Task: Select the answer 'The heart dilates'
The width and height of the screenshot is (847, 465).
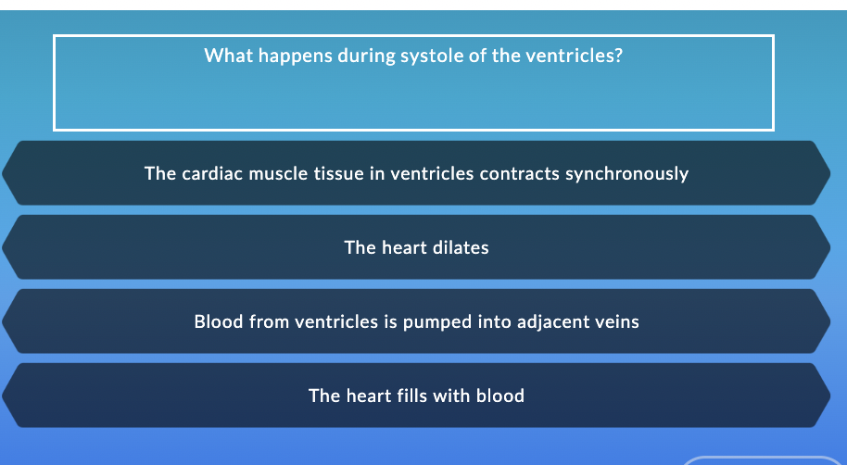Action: [x=416, y=247]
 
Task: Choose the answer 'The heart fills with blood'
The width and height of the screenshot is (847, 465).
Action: [x=416, y=396]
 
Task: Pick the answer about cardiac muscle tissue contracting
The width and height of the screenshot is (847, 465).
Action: [x=416, y=173]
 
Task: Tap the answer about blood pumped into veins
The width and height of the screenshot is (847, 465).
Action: [x=416, y=321]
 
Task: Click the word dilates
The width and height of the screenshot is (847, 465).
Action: [x=460, y=247]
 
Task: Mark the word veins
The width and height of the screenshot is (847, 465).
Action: [x=614, y=321]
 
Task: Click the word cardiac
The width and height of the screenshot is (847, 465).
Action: [x=210, y=173]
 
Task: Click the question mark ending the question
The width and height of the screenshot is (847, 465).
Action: [x=618, y=56]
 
